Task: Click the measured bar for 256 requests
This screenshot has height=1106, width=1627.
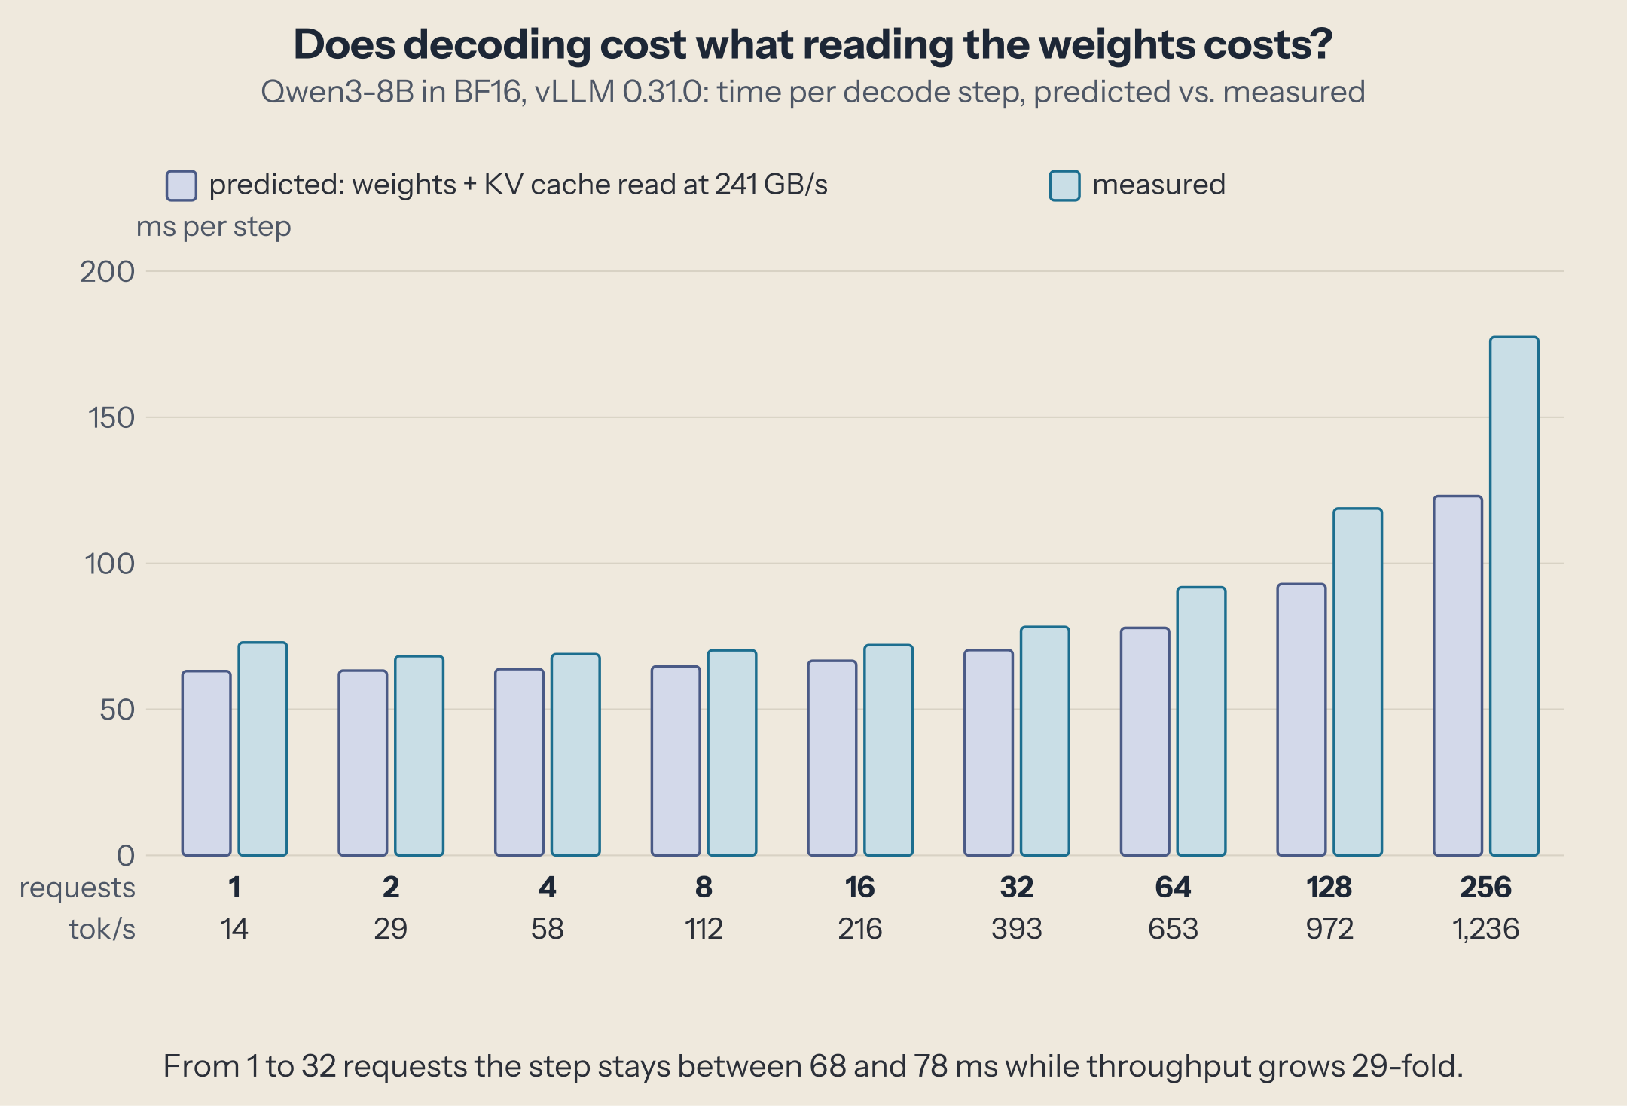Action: [1514, 596]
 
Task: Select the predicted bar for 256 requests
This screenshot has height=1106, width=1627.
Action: [1458, 676]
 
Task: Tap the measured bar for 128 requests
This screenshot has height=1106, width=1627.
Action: [1357, 682]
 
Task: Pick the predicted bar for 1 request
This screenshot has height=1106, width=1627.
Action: [206, 763]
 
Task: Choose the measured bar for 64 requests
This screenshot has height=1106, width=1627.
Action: [1201, 721]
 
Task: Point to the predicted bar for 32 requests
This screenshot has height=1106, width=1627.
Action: [988, 753]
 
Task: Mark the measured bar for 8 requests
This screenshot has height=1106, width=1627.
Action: [731, 753]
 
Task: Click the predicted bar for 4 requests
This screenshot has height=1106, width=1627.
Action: [519, 762]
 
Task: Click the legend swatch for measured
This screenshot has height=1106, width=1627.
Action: [1064, 185]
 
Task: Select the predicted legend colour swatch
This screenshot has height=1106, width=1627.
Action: [182, 185]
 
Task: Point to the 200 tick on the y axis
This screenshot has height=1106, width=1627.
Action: [108, 271]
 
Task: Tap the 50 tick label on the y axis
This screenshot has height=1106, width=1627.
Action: [117, 710]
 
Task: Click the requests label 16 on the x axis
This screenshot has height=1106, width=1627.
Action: [859, 888]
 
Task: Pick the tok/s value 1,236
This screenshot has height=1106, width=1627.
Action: [1485, 929]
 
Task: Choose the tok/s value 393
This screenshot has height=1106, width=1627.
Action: [1016, 929]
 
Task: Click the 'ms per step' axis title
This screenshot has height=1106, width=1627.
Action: [213, 227]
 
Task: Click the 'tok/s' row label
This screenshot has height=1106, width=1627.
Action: [102, 929]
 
